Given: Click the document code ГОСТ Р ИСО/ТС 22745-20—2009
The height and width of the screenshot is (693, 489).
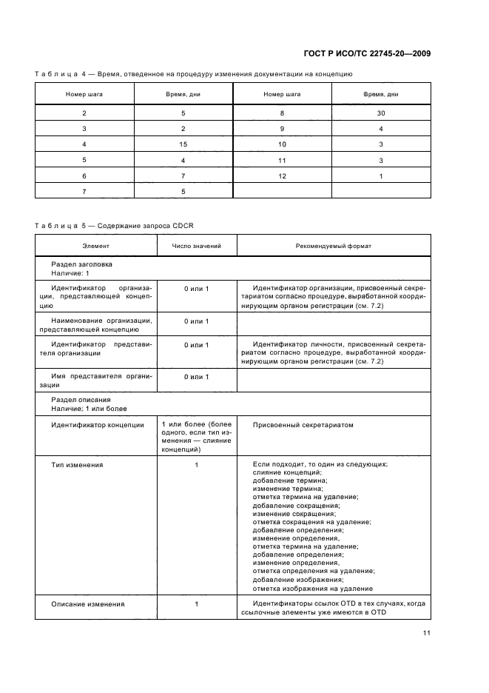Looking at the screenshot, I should tap(368, 54).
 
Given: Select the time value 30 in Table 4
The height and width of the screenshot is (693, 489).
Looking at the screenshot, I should tap(381, 113).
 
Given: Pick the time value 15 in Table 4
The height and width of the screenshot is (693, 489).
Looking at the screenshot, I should tap(183, 144).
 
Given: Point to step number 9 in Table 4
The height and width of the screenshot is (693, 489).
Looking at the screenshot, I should tap(282, 128).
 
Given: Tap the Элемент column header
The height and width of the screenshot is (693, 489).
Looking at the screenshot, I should tap(95, 245).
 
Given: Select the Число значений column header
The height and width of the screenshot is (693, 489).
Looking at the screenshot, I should tap(196, 245).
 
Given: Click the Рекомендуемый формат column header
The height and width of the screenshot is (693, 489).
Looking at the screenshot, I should tap(333, 245).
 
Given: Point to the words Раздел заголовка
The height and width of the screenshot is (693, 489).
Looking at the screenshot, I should tap(81, 264).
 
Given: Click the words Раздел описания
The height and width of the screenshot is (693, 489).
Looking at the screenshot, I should tap(81, 399).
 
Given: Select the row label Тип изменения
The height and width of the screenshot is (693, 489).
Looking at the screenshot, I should tap(77, 464).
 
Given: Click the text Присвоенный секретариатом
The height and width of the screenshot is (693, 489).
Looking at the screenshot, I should tap(303, 425).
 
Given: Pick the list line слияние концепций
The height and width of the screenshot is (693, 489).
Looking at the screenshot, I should tap(286, 472).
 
